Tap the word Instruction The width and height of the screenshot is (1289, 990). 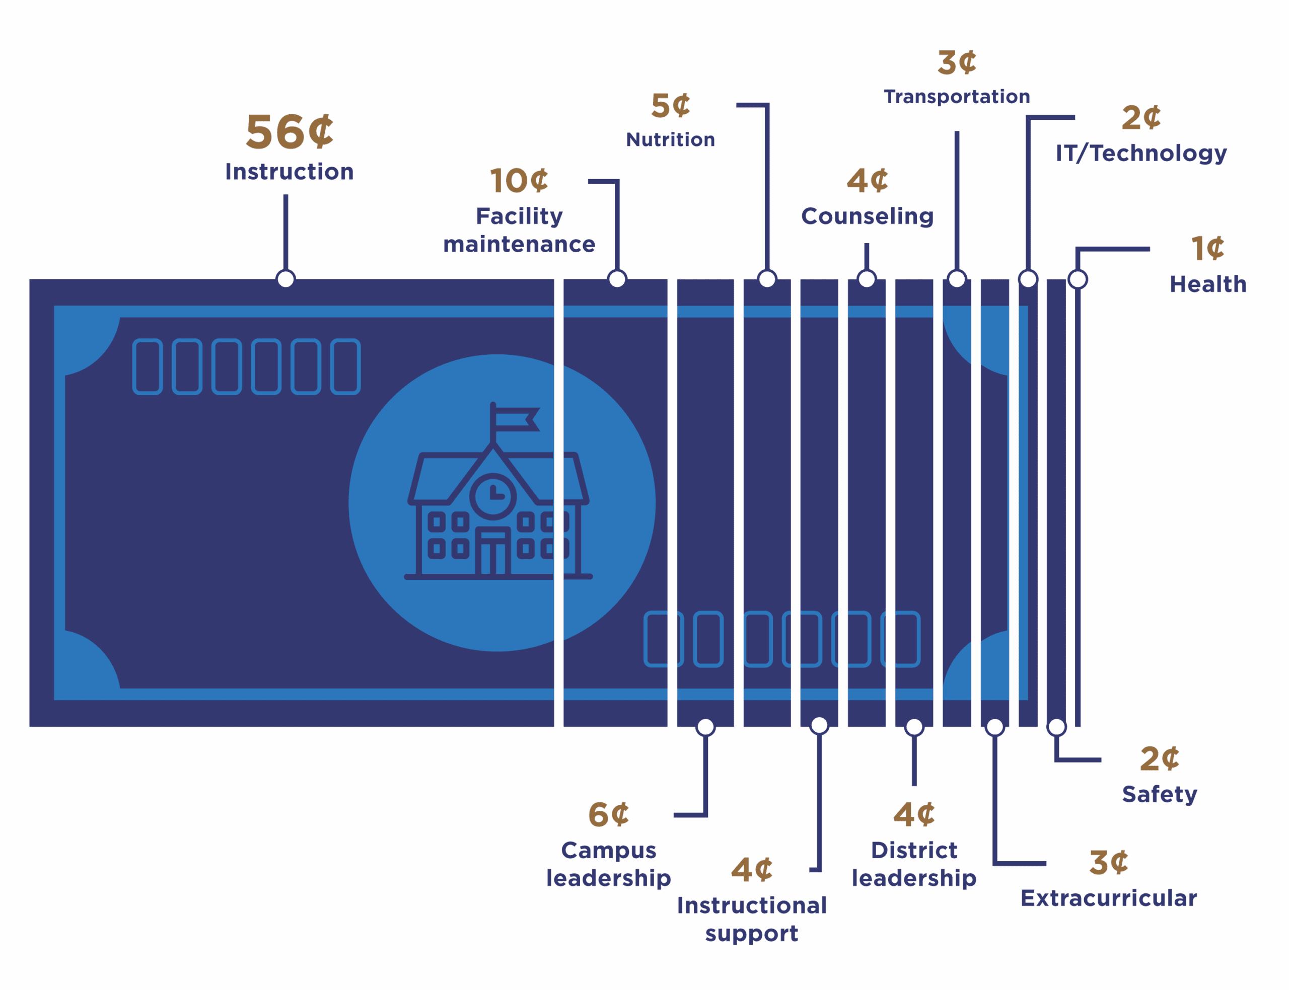click(290, 172)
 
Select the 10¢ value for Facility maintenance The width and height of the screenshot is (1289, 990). click(519, 180)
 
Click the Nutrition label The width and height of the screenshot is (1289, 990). click(670, 139)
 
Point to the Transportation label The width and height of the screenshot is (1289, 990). click(957, 97)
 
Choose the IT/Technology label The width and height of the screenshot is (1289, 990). click(1140, 153)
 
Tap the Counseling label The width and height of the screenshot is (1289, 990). click(867, 216)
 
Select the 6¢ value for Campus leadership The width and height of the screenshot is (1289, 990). click(608, 814)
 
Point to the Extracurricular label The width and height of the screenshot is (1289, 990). click(1108, 898)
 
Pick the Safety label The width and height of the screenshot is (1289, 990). click(1159, 794)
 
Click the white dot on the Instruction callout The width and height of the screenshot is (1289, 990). click(286, 279)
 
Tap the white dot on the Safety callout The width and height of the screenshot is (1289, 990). click(1057, 727)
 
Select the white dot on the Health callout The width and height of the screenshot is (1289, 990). click(1078, 279)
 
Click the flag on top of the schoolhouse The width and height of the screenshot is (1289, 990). click(516, 419)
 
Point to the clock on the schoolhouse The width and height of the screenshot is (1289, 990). click(493, 496)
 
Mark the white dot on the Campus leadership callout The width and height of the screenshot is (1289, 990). click(705, 727)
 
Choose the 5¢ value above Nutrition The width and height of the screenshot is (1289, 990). click(670, 106)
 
